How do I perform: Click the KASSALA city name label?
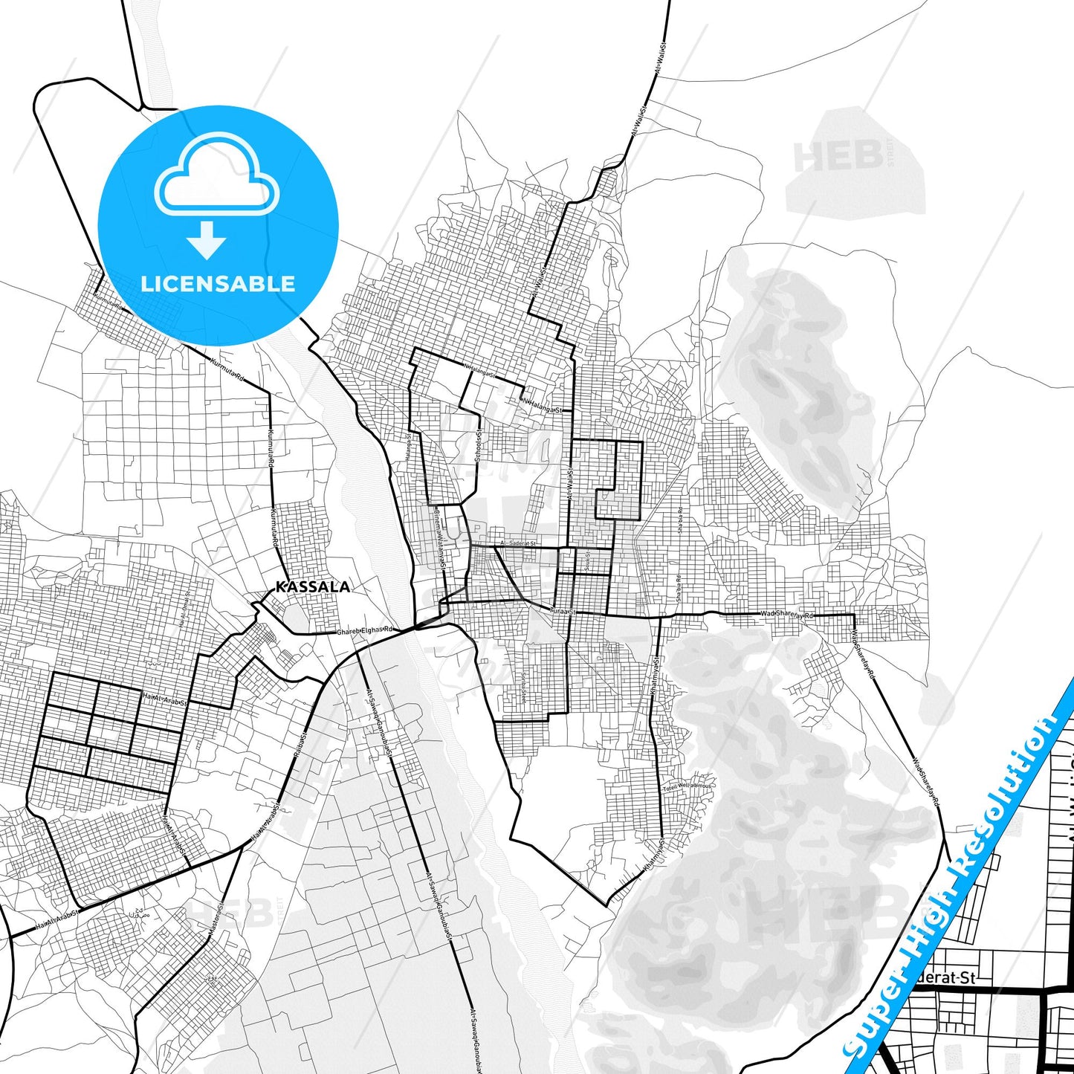click(x=312, y=586)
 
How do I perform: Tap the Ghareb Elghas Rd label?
click(x=364, y=630)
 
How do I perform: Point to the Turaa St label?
click(x=562, y=611)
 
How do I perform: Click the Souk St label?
click(x=587, y=560)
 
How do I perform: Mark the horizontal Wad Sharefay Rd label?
click(x=787, y=615)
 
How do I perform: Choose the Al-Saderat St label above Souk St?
click(x=518, y=543)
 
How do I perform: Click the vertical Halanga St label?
click(x=408, y=448)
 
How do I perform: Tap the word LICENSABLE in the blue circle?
click(x=218, y=283)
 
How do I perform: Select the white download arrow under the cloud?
click(x=207, y=239)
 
